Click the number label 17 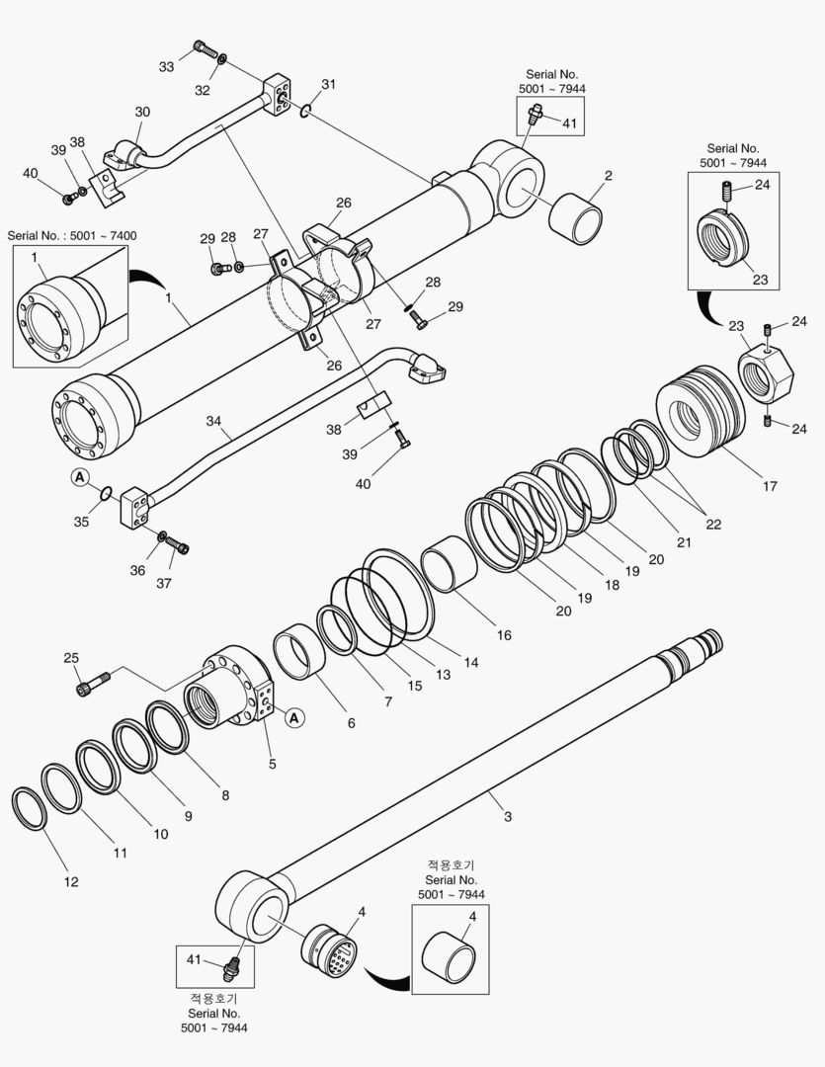click(x=770, y=486)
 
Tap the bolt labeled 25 click(x=92, y=681)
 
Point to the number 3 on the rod click(x=507, y=816)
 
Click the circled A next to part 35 click(x=79, y=477)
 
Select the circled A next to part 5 click(x=293, y=718)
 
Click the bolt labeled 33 click(x=204, y=47)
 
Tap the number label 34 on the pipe click(x=213, y=421)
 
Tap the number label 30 click(x=142, y=112)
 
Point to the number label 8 click(x=224, y=794)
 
